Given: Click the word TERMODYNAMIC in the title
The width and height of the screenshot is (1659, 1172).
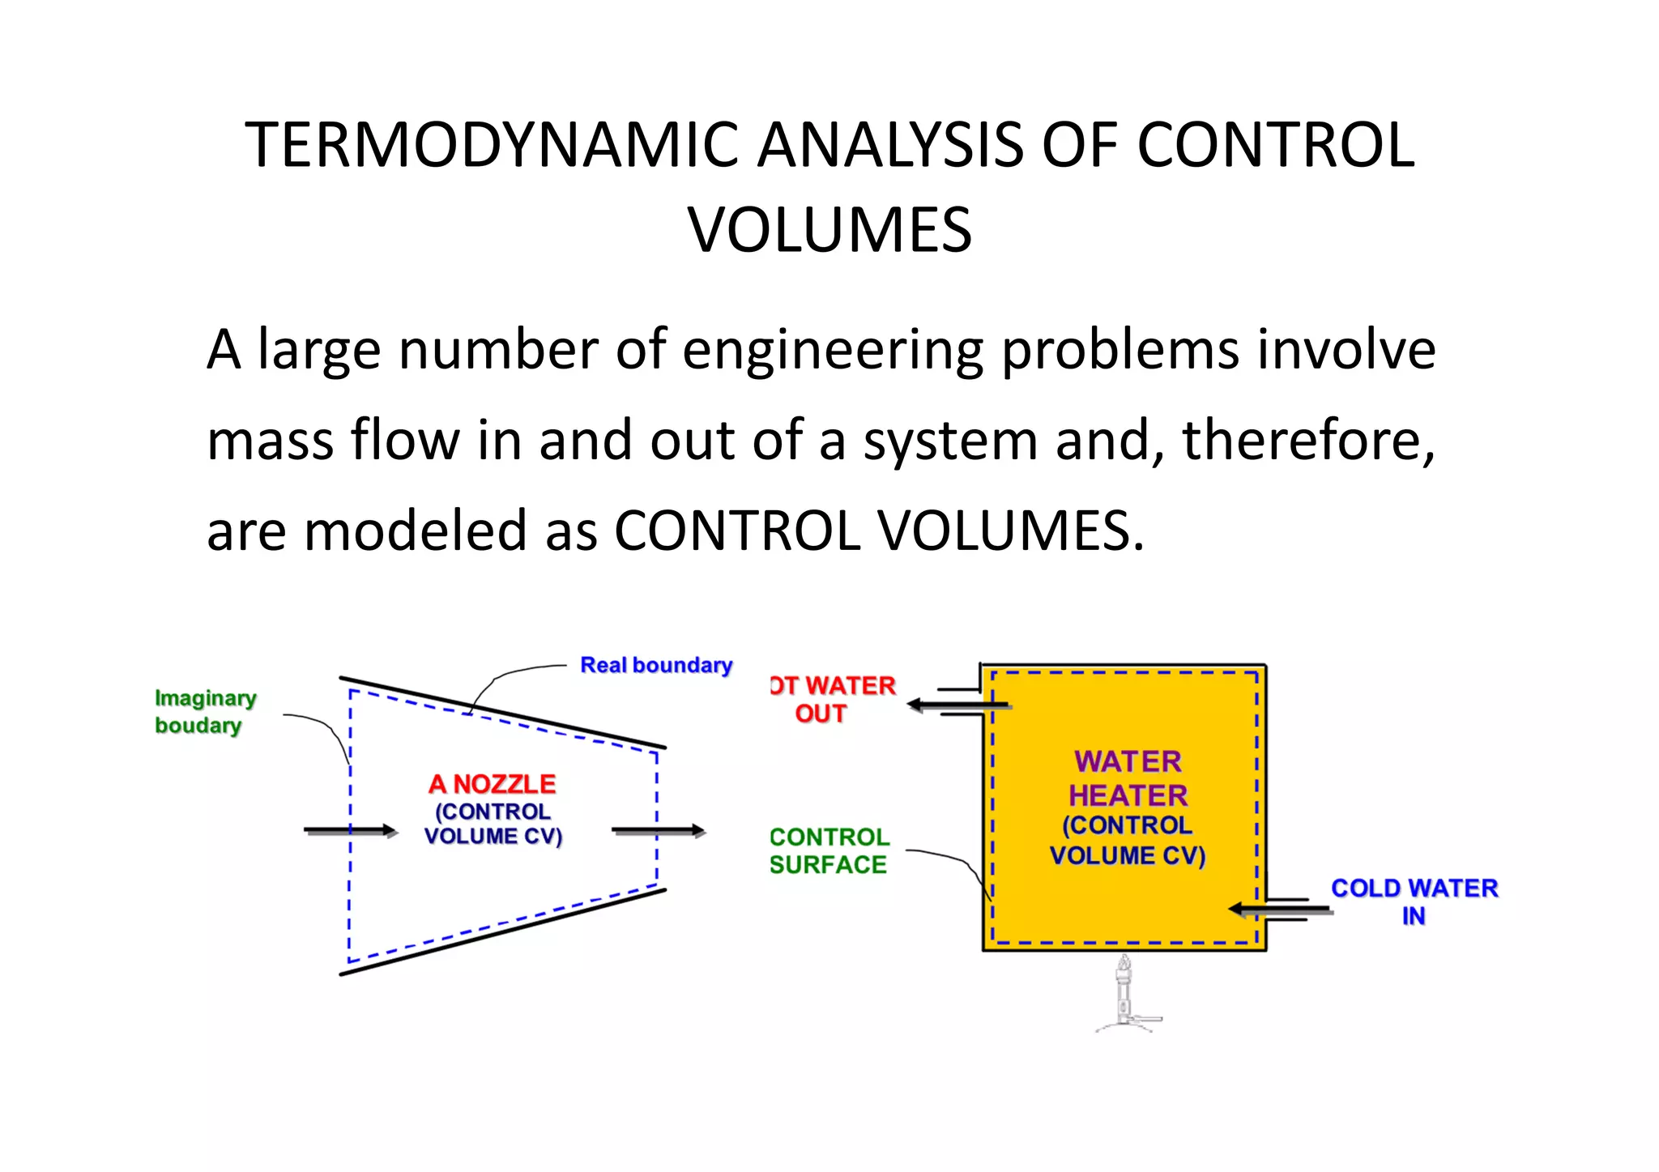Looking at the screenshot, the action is click(x=491, y=146).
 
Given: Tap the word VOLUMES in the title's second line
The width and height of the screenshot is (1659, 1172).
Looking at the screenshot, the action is click(x=829, y=231).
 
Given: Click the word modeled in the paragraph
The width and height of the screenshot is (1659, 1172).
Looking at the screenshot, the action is click(x=416, y=531).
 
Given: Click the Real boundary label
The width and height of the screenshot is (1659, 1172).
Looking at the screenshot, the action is click(x=656, y=666).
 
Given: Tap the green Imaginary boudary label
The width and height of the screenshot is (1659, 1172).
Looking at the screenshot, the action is click(x=205, y=712).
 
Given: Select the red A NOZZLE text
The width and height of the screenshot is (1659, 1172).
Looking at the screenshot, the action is click(x=493, y=784).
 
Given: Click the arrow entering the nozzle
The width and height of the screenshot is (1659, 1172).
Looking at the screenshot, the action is click(x=350, y=831).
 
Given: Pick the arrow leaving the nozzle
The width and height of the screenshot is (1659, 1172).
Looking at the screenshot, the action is click(x=658, y=831).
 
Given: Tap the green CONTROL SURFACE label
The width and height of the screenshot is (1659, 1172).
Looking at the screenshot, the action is click(x=829, y=851).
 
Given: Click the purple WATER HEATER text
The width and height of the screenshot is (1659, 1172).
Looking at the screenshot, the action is click(x=1128, y=779).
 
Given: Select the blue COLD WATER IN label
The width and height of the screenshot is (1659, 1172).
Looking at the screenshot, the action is click(x=1414, y=901).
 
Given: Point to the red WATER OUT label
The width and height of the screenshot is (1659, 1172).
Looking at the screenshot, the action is click(x=834, y=700).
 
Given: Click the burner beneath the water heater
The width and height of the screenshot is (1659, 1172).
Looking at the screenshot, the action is click(x=1124, y=995).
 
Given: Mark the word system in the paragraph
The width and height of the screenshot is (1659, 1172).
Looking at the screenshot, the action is click(x=950, y=441).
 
